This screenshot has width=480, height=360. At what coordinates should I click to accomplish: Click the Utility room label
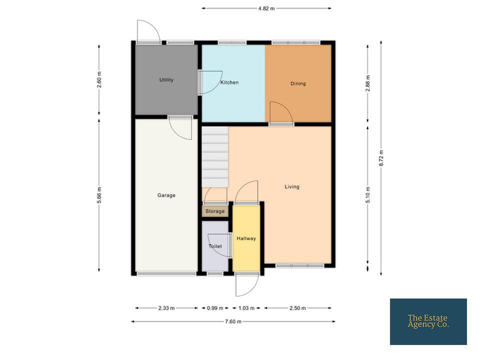coord(166,80)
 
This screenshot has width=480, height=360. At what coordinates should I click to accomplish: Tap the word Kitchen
coord(229,82)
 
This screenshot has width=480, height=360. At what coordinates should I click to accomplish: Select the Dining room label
coord(298,83)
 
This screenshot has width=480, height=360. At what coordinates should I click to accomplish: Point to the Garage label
coord(166,195)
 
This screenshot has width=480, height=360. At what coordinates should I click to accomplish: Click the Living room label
coord(291,186)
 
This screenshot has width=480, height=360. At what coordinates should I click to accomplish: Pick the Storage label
coord(215,211)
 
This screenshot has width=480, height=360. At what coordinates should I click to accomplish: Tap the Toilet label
coord(215,246)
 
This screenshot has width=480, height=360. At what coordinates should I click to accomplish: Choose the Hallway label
coord(246,238)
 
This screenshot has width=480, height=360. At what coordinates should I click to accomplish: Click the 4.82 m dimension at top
coord(266,8)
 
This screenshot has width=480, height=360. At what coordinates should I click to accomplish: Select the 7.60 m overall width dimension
coord(233,321)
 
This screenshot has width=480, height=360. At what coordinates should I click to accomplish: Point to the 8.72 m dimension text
coord(381,158)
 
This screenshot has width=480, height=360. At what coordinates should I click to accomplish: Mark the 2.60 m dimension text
coord(99,79)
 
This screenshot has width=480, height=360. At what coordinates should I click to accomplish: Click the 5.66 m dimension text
coord(99,195)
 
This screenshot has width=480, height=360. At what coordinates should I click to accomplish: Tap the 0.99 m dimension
coord(215,308)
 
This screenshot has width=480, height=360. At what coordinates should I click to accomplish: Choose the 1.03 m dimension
coord(246,308)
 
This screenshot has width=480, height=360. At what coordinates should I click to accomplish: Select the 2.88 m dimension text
coord(368,83)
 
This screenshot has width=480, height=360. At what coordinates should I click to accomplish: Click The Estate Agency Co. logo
coord(428,321)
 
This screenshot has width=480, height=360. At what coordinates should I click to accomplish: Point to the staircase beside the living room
coord(214,156)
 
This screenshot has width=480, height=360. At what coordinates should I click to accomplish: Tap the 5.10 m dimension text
coord(368,194)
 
